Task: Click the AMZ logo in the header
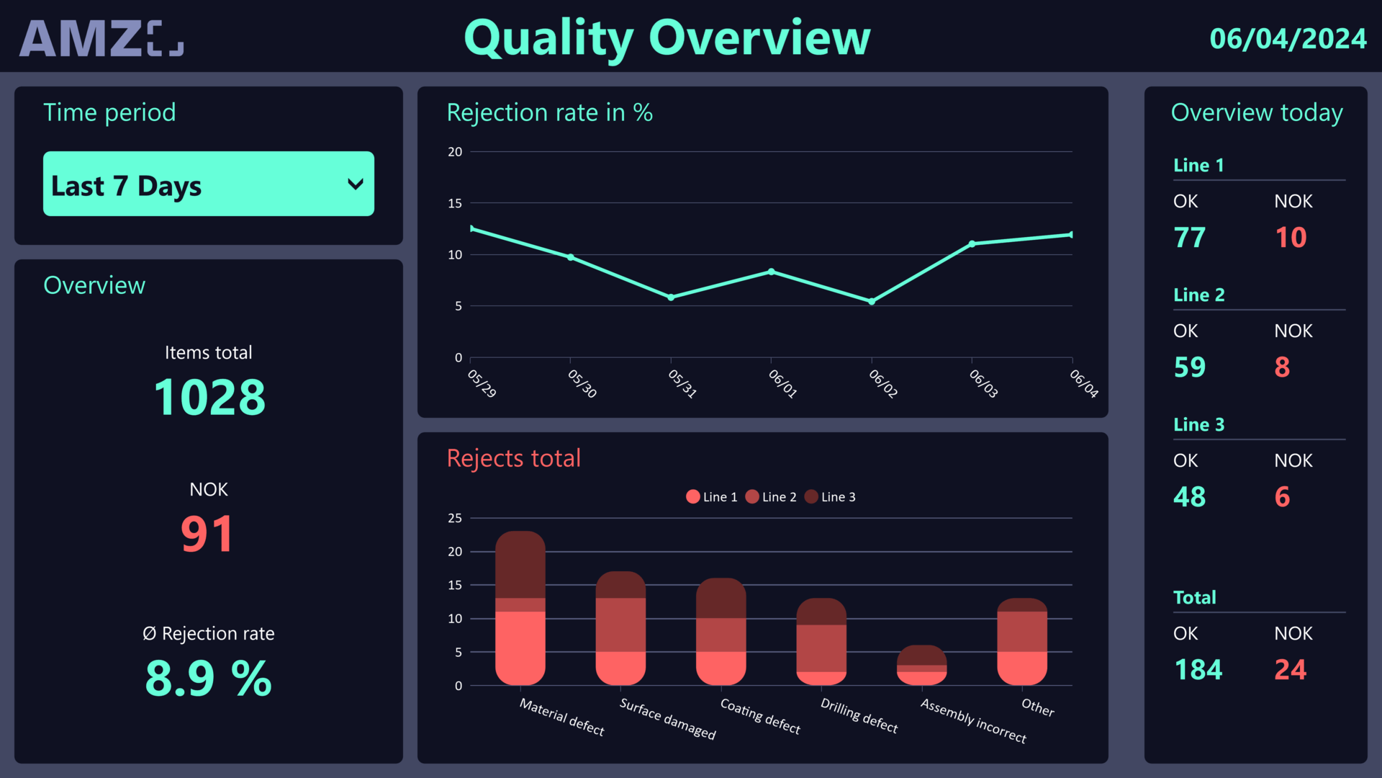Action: click(x=101, y=38)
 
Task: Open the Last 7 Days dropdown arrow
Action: click(x=355, y=184)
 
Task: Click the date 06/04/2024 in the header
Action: click(x=1287, y=39)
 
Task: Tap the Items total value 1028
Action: click(x=209, y=398)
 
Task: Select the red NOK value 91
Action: click(x=207, y=535)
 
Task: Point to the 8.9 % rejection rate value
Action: click(x=208, y=679)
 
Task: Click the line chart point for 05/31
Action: click(x=671, y=298)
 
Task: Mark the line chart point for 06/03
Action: click(x=972, y=244)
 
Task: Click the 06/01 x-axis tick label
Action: click(x=782, y=383)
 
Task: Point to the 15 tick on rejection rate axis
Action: click(x=455, y=203)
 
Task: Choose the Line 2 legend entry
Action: click(x=771, y=497)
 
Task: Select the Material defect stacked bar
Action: click(x=520, y=609)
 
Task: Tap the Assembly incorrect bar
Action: click(x=921, y=666)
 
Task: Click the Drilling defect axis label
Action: click(x=859, y=716)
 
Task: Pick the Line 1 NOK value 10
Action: click(x=1290, y=238)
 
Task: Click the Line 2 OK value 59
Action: click(x=1189, y=367)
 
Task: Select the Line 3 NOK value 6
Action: click(x=1282, y=497)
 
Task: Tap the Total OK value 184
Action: click(x=1198, y=670)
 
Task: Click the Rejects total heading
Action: click(x=513, y=459)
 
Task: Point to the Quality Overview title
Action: click(x=667, y=38)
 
